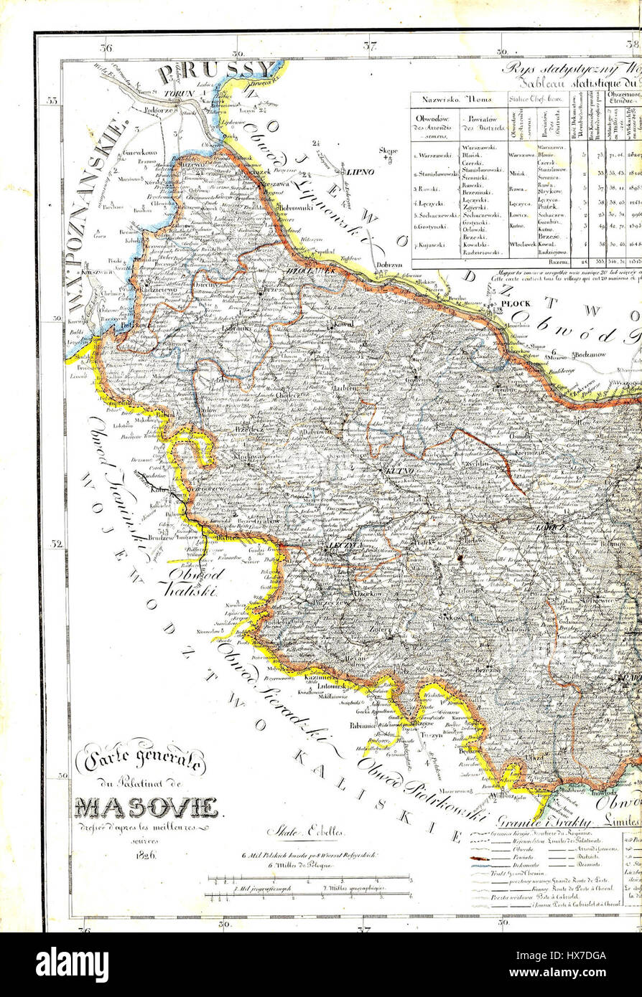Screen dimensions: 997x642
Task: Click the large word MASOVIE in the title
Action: click(147, 808)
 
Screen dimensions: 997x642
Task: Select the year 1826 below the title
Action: click(144, 855)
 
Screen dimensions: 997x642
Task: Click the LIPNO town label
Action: click(356, 172)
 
